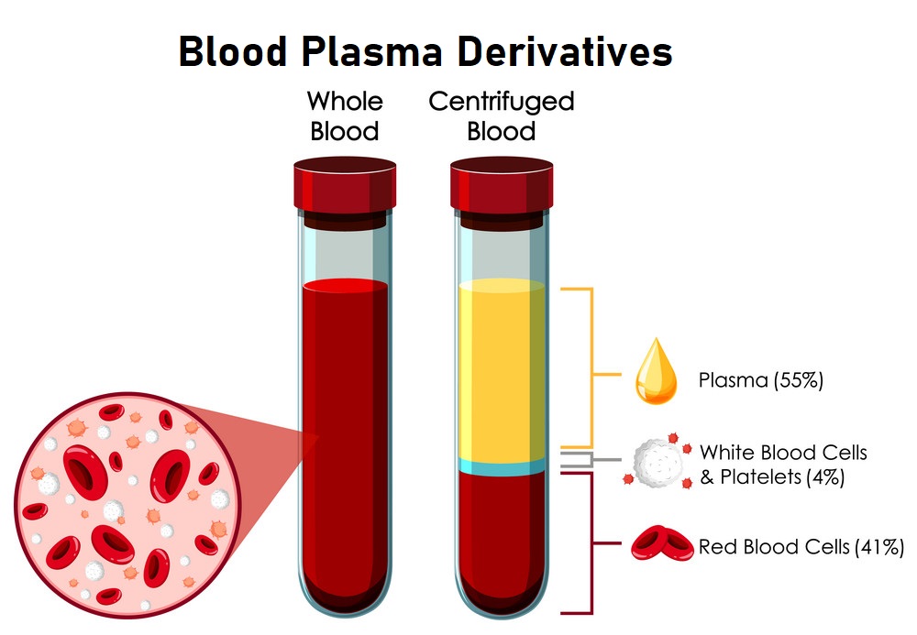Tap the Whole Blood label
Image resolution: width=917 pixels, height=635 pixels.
coord(344,115)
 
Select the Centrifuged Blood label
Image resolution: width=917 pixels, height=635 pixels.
coord(501,115)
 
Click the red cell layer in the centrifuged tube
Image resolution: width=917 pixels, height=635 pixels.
coord(502,541)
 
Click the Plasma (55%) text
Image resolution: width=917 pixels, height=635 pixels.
coord(760,379)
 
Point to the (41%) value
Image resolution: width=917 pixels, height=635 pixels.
coord(878,548)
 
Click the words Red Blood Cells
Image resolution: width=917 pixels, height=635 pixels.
coord(774,548)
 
